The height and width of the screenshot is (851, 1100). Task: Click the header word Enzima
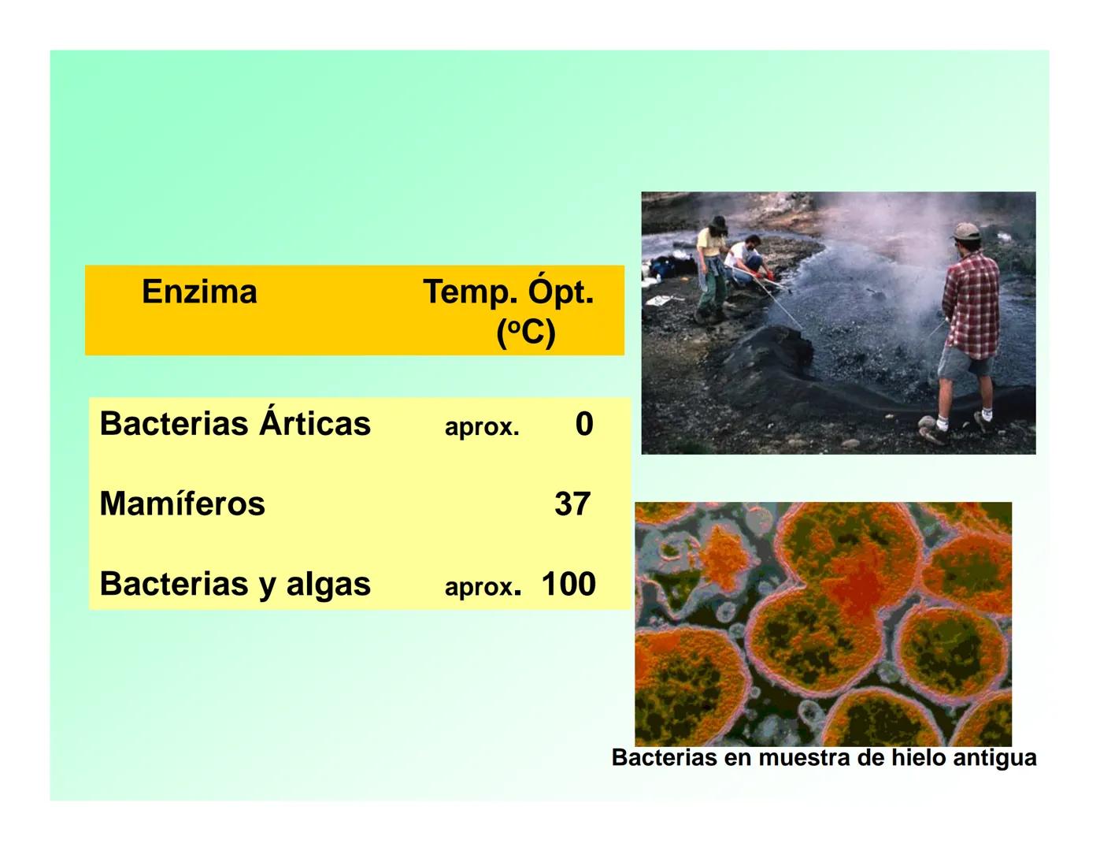click(199, 292)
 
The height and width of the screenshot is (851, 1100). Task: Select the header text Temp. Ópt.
click(508, 292)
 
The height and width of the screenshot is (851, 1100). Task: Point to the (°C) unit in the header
click(526, 333)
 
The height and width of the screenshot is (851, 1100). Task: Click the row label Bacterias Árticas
click(235, 424)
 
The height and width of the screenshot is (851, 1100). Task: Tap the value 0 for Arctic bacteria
click(583, 424)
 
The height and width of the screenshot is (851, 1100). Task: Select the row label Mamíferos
click(182, 504)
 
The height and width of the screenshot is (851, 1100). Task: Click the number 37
click(572, 504)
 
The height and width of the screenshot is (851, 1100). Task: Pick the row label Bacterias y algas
click(235, 585)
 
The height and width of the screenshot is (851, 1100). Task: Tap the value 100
click(569, 585)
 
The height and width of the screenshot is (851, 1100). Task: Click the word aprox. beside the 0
click(482, 427)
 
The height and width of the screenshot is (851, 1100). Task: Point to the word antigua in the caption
click(994, 758)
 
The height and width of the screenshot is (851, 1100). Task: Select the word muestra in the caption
click(804, 758)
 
